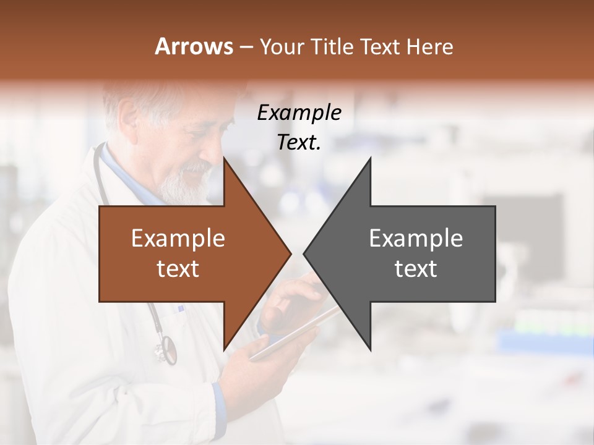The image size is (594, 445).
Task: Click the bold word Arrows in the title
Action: pyautogui.click(x=194, y=46)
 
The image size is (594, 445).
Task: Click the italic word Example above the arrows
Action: pyautogui.click(x=299, y=112)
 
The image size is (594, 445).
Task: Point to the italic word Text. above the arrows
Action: pyautogui.click(x=299, y=142)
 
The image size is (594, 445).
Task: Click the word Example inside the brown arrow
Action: pyautogui.click(x=178, y=238)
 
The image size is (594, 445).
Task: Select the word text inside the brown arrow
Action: pyautogui.click(x=178, y=268)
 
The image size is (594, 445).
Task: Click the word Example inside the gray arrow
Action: pyautogui.click(x=416, y=238)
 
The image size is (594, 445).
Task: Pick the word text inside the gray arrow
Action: pyautogui.click(x=416, y=268)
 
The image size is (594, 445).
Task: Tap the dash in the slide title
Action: pyautogui.click(x=245, y=47)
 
